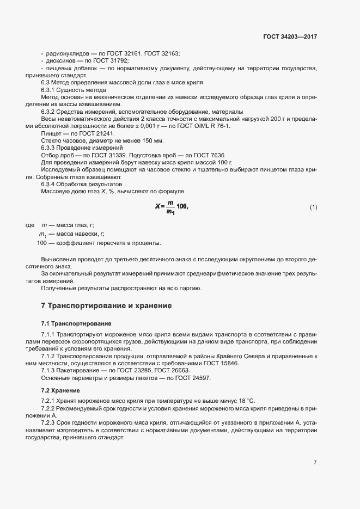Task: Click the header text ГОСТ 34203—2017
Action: point(289,36)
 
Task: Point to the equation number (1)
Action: point(313,207)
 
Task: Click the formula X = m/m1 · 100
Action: point(171,207)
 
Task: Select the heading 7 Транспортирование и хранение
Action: point(106,306)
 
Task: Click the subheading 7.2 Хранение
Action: point(60,391)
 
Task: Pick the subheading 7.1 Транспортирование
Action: point(76,324)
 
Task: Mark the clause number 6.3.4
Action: point(49,184)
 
